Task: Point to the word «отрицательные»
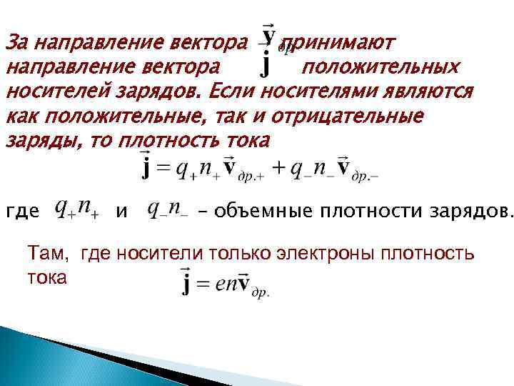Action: (x=349, y=116)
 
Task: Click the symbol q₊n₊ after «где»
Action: (x=78, y=209)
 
